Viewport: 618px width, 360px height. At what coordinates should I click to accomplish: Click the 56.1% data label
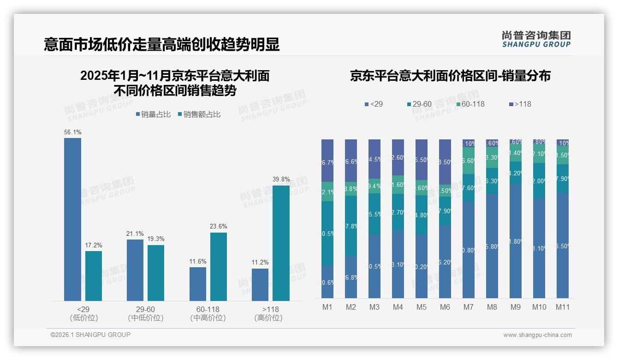click(x=73, y=132)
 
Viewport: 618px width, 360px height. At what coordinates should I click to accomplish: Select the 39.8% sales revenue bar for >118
click(x=281, y=243)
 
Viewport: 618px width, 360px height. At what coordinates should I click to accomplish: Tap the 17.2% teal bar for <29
click(x=94, y=276)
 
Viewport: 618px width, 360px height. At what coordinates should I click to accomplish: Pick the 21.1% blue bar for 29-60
click(x=135, y=270)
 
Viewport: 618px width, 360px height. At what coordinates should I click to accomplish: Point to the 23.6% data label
click(x=219, y=227)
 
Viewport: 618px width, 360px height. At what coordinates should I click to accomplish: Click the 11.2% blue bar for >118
click(x=260, y=285)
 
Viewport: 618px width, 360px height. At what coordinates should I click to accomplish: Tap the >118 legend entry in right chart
click(x=520, y=104)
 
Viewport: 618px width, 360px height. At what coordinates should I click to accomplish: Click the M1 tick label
click(x=327, y=307)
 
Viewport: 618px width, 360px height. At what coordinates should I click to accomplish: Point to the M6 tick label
click(x=445, y=307)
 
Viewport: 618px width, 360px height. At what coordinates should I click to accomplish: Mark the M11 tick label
click(x=563, y=307)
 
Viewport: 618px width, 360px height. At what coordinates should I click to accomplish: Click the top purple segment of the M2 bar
click(x=351, y=160)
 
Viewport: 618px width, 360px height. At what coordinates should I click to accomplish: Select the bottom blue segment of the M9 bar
click(x=516, y=241)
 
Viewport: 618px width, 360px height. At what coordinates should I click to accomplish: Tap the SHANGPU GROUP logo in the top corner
click(x=536, y=39)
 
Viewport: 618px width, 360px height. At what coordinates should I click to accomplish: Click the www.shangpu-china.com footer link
click(x=537, y=335)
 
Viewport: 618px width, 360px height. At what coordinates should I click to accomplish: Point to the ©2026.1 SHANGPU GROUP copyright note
click(x=90, y=335)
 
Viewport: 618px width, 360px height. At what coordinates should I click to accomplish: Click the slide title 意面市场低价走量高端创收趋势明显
click(x=162, y=44)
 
